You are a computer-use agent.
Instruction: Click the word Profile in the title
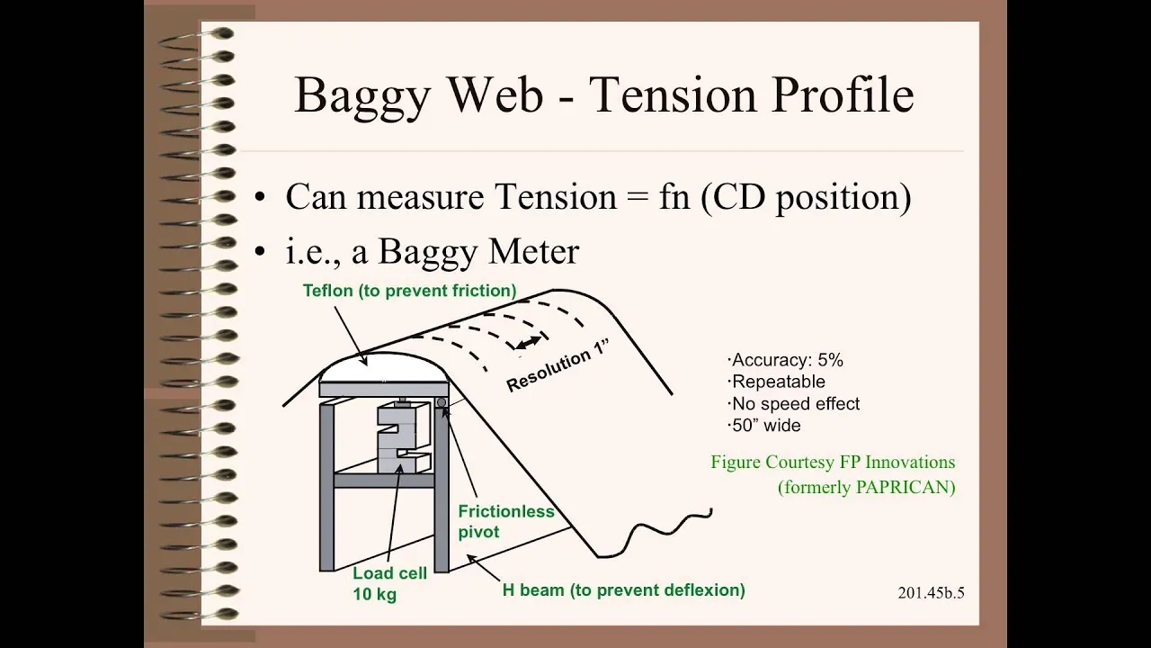tap(843, 94)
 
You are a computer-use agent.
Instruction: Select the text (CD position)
tap(806, 198)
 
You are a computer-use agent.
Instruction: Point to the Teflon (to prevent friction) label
tap(409, 291)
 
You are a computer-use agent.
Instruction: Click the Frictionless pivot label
tap(506, 521)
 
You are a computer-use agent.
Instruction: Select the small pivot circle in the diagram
tap(441, 402)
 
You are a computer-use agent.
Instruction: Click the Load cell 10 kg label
tap(389, 584)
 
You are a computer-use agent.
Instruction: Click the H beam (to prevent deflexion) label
tap(623, 589)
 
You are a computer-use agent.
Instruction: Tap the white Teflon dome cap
tap(383, 367)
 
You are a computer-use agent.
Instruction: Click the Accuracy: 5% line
tap(785, 360)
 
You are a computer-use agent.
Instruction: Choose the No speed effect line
tap(793, 404)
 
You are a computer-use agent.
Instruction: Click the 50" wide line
tap(763, 426)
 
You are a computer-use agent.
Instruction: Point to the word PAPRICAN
tap(905, 487)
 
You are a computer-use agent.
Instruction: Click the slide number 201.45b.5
tap(931, 593)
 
